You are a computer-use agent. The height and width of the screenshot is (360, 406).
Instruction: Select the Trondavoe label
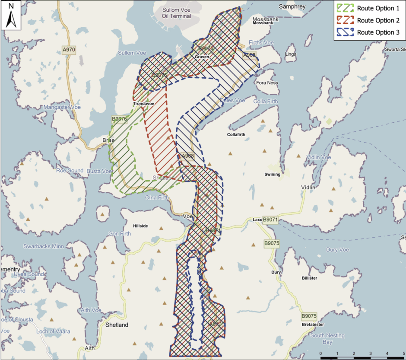click(143, 104)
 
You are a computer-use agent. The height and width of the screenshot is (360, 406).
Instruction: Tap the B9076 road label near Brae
click(119, 119)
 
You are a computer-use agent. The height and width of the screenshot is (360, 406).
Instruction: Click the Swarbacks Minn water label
click(43, 246)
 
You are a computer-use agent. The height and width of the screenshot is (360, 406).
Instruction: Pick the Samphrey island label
click(292, 6)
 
